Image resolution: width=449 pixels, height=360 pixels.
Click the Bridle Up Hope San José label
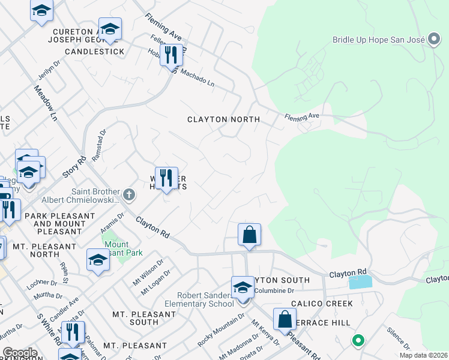(379, 40)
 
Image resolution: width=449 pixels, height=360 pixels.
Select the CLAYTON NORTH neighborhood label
(223, 119)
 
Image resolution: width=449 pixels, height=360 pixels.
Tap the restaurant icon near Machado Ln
(171, 55)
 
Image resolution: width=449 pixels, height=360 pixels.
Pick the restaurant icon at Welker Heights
(166, 178)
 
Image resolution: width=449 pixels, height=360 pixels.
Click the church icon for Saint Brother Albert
(128, 194)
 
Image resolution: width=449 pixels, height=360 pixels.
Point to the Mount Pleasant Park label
(124, 249)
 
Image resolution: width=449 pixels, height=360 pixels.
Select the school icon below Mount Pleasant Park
(98, 259)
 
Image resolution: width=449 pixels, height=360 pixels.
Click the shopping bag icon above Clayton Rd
(249, 234)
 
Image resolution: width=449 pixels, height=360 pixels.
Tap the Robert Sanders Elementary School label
(205, 299)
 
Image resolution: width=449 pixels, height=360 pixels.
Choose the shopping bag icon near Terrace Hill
(285, 319)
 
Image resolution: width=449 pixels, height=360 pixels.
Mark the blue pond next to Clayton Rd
(360, 282)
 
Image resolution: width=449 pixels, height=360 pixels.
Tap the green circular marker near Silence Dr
(358, 341)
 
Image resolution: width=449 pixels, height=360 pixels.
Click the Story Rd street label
(74, 167)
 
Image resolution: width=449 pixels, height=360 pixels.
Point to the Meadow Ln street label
(45, 102)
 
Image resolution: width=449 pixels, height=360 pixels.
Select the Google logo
(20, 353)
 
